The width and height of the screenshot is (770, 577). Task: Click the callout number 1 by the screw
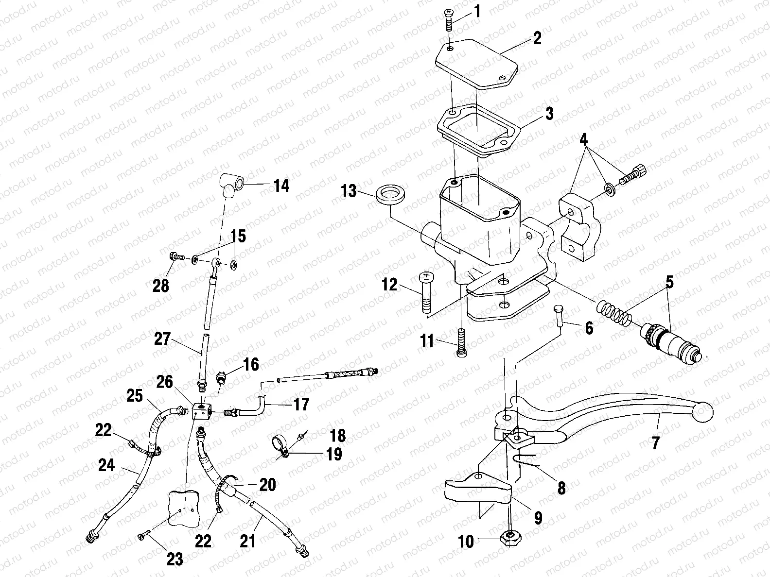tap(477, 11)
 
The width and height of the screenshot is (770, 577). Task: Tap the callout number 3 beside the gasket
tap(549, 114)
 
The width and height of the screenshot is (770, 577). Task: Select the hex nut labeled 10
tap(510, 538)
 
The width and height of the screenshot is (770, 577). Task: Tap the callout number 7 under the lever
tap(656, 443)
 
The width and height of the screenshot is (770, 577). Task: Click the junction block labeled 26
tap(201, 411)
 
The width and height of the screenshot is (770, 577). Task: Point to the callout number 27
tap(162, 339)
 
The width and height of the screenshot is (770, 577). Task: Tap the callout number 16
tap(251, 364)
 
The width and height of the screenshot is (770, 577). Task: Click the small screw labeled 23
tap(142, 536)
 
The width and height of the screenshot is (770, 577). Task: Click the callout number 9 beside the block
tap(538, 518)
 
